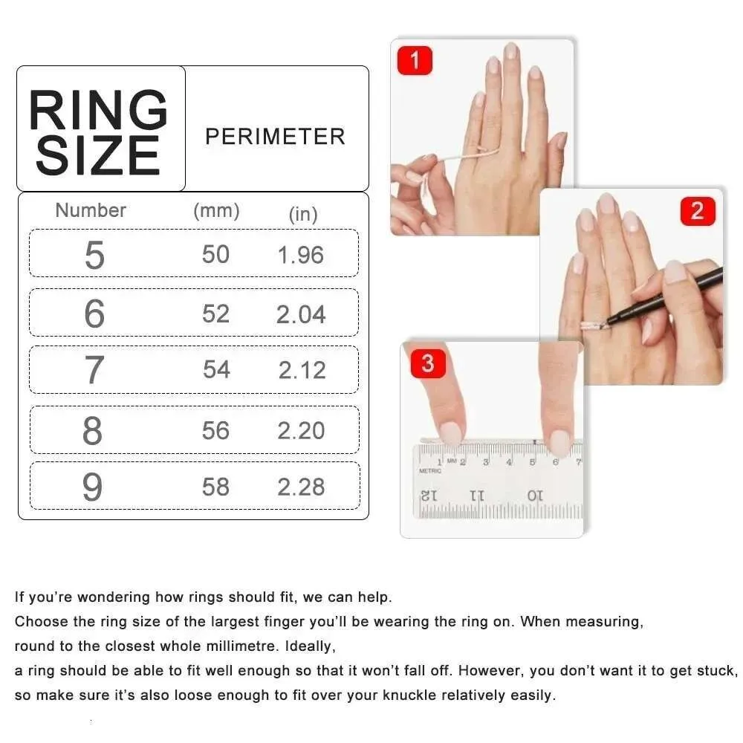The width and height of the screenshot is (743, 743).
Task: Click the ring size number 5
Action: pyautogui.click(x=94, y=255)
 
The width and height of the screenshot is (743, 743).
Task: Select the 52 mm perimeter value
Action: pyautogui.click(x=215, y=314)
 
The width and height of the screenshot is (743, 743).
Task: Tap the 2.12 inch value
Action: pyautogui.click(x=302, y=370)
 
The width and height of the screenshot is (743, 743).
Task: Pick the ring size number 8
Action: pyautogui.click(x=93, y=431)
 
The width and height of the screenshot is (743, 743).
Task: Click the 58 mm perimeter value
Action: pyautogui.click(x=215, y=487)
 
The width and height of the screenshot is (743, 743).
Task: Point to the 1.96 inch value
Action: pyautogui.click(x=301, y=255)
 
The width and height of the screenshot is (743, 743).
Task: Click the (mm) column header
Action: pyautogui.click(x=216, y=211)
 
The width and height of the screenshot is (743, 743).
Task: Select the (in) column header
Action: pyautogui.click(x=302, y=215)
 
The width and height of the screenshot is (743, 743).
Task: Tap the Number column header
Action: pyautogui.click(x=91, y=210)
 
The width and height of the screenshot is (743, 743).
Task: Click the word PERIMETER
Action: pyautogui.click(x=275, y=137)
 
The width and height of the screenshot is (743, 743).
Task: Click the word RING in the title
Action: pyautogui.click(x=98, y=110)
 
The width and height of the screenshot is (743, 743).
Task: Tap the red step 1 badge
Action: pyautogui.click(x=415, y=60)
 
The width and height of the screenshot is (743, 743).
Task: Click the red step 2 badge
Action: pyautogui.click(x=696, y=211)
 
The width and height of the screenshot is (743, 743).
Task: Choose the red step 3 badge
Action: pyautogui.click(x=427, y=363)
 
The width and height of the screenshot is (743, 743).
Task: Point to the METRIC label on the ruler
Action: pyautogui.click(x=430, y=470)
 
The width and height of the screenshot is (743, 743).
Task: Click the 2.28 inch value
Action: pyautogui.click(x=301, y=487)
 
